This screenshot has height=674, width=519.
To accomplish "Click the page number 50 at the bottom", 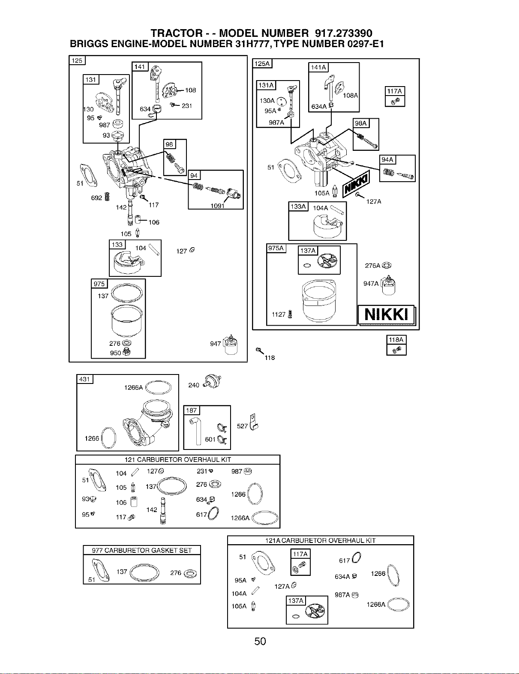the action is point(260,641).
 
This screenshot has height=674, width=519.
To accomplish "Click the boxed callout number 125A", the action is point(262,63).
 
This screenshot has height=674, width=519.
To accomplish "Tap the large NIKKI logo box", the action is point(387,315).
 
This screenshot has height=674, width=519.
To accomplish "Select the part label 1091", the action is point(217,206).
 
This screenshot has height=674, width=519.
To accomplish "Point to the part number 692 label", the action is point(96,198).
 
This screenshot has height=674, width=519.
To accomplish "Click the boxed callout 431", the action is point(84,379).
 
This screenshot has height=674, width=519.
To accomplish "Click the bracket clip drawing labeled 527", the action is point(254,422).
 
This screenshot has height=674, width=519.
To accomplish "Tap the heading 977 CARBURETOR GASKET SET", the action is point(142,551).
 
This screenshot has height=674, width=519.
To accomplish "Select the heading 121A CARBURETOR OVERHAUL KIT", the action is point(321,541).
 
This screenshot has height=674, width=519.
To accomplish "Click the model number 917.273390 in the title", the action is point(343,33).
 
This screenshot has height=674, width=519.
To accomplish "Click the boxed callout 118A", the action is point(396,340).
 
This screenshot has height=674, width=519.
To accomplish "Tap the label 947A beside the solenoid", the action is point(371,284).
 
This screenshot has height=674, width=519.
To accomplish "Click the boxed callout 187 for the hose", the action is point(192,410).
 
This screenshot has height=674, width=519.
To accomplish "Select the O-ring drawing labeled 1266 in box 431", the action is point(108,437).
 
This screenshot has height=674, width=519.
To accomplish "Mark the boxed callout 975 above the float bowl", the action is point(99,284).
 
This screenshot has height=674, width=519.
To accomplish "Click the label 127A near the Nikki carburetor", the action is point(374,202).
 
